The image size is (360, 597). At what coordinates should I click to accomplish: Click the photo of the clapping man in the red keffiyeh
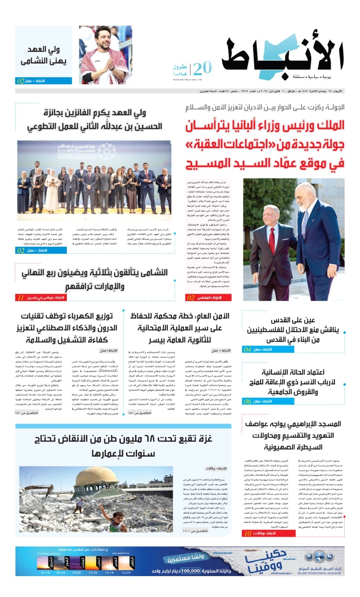coord(105,55)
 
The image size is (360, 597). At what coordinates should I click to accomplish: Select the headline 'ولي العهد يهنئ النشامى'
coord(43,55)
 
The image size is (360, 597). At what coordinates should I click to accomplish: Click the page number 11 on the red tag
coord(21,298)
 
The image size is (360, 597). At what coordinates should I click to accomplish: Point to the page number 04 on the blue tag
coord(247,350)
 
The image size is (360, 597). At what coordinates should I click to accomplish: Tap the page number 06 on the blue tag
coord(247,401)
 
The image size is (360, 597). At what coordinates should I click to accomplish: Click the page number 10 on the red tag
coord(247,534)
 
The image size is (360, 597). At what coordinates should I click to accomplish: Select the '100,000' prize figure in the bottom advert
coord(191,571)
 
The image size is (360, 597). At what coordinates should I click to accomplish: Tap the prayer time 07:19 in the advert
coord(45,572)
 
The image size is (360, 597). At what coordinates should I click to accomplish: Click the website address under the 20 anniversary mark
coord(187,79)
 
